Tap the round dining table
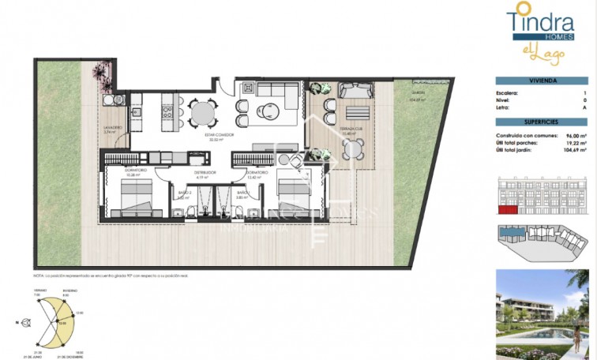point(204,114)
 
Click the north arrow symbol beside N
point(27,322)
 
